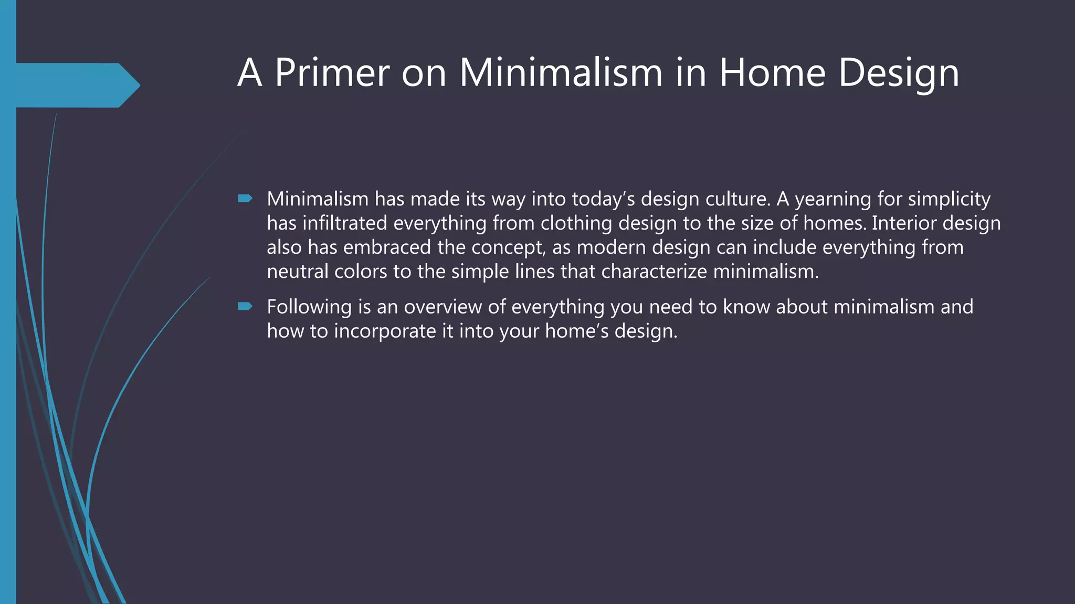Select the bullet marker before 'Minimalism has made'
pyautogui.click(x=245, y=198)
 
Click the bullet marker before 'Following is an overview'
pyautogui.click(x=245, y=306)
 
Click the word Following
pyautogui.click(x=309, y=307)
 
